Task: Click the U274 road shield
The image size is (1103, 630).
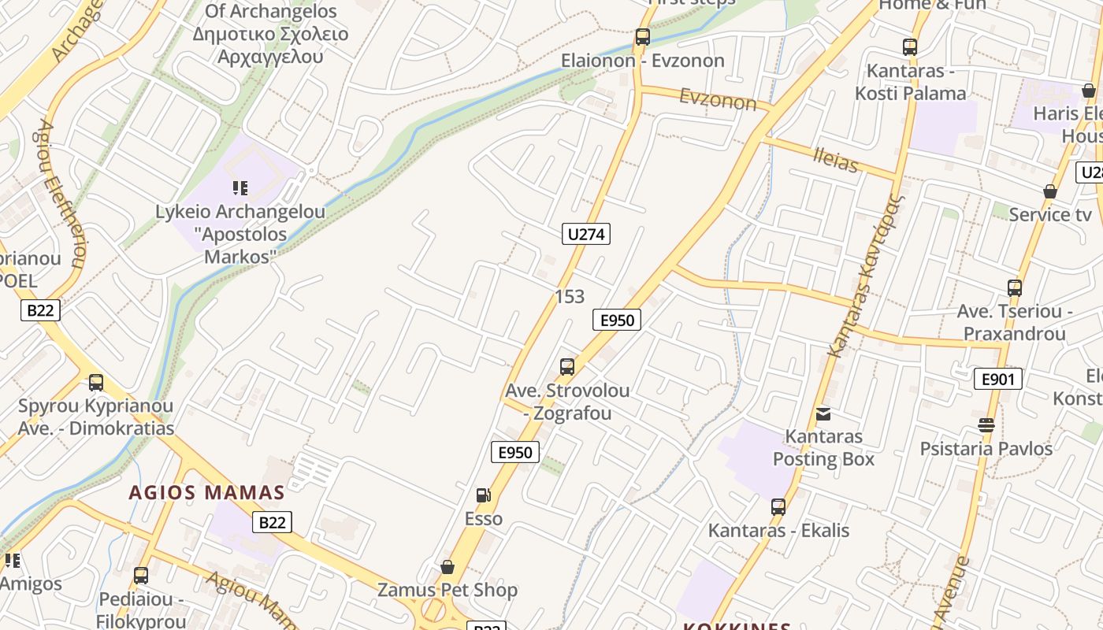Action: (587, 233)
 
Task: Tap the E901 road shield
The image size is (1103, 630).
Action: (998, 379)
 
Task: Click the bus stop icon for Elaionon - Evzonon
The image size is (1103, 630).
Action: (643, 37)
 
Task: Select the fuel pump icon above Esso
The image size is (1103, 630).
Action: (483, 495)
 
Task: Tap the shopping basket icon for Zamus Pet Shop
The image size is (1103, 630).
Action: (448, 567)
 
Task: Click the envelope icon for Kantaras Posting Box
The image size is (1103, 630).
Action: (823, 413)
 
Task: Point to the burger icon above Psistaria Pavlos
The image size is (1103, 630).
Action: (986, 425)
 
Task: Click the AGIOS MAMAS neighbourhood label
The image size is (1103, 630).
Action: (206, 493)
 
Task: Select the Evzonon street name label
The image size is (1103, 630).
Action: (718, 99)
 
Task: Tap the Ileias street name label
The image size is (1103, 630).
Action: (835, 161)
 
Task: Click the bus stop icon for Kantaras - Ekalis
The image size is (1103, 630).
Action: (778, 507)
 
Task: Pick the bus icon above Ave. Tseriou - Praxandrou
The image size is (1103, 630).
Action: (1015, 288)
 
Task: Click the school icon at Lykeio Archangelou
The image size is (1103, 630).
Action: (240, 188)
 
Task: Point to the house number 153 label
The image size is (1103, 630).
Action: (570, 296)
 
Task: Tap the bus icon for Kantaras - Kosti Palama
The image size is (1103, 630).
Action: (910, 47)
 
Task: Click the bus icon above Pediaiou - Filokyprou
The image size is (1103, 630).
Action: (141, 576)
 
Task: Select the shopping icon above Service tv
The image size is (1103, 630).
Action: (1050, 191)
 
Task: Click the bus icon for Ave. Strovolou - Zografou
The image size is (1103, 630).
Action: (567, 366)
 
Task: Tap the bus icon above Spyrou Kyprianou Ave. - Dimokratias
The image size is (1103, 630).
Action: (96, 383)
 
